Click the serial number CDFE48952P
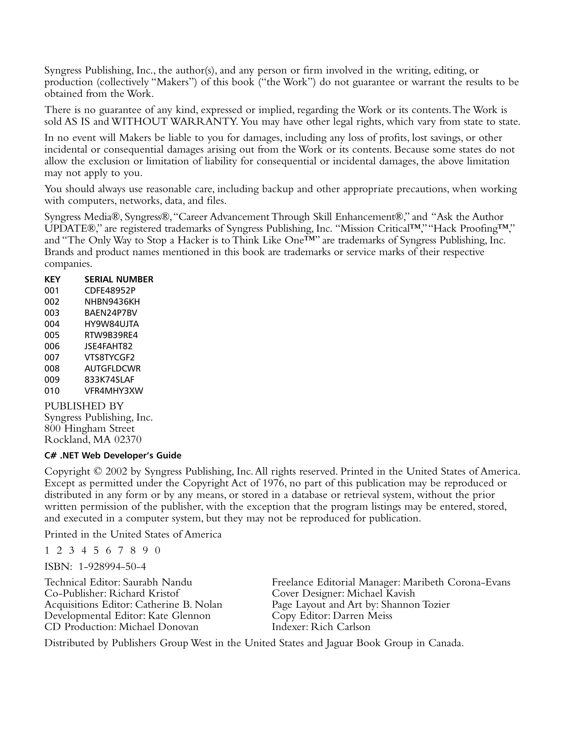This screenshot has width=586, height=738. click(110, 291)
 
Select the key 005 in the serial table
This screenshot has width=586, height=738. click(52, 335)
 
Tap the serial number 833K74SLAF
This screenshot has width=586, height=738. click(109, 380)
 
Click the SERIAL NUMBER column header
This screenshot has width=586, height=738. click(118, 279)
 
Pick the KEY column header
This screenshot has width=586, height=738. click(52, 279)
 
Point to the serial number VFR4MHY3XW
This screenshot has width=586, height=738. click(113, 391)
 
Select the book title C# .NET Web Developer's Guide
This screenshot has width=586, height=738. click(113, 455)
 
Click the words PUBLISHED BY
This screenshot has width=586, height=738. click(84, 406)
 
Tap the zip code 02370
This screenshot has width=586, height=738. click(128, 439)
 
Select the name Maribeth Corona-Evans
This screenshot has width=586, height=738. click(456, 582)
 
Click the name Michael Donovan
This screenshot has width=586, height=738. click(159, 627)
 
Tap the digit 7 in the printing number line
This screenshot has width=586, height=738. click(120, 550)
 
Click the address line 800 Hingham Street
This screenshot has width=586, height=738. click(89, 429)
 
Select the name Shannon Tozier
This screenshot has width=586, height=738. click(415, 604)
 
